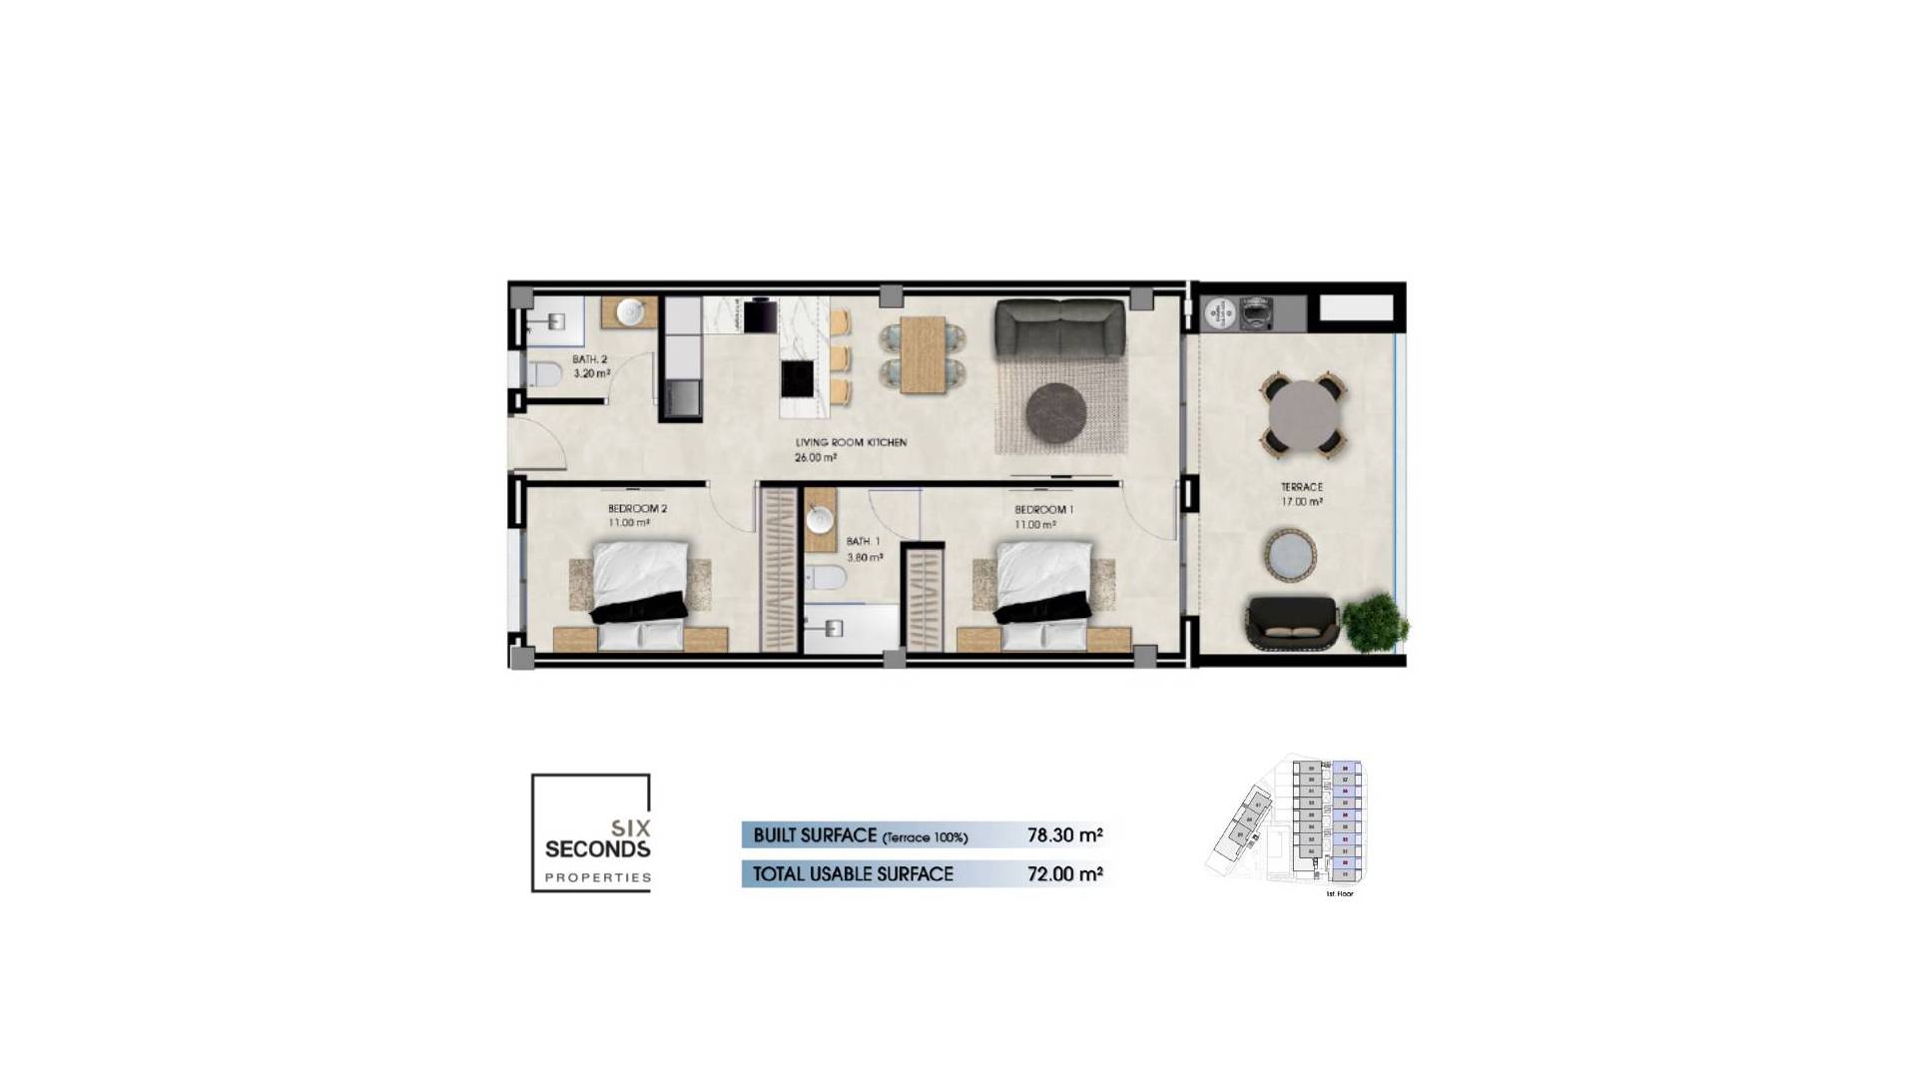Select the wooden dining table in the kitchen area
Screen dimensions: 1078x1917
click(923, 354)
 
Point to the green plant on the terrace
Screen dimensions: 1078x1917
click(1374, 623)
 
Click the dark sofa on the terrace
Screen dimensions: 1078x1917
click(1290, 624)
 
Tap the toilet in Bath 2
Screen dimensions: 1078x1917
click(544, 375)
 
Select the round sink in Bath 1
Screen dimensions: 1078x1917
click(820, 520)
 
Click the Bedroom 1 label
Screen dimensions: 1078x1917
click(1043, 510)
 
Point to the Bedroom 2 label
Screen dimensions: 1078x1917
click(637, 509)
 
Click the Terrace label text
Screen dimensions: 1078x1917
click(1301, 487)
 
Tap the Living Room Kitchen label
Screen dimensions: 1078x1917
click(851, 442)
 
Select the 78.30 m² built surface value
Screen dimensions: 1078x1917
click(1064, 835)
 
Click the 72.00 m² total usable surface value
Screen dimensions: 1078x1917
click(1064, 874)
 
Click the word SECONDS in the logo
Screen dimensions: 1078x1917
click(597, 849)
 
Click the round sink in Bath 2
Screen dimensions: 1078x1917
click(629, 312)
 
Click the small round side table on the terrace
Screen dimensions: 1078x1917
click(1290, 555)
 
